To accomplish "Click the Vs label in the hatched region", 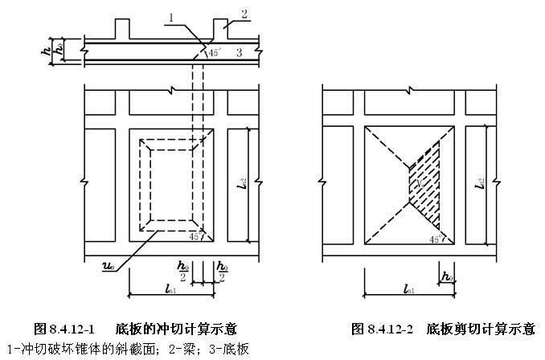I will coord(419,185).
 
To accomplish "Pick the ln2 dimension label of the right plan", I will coord(481,183).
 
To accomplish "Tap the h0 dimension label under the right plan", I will coord(445,276).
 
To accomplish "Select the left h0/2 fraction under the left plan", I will coord(184,272).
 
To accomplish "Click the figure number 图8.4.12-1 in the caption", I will coord(64,329).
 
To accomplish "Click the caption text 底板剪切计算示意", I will coord(481,329).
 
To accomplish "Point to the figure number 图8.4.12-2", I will coord(382,329).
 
